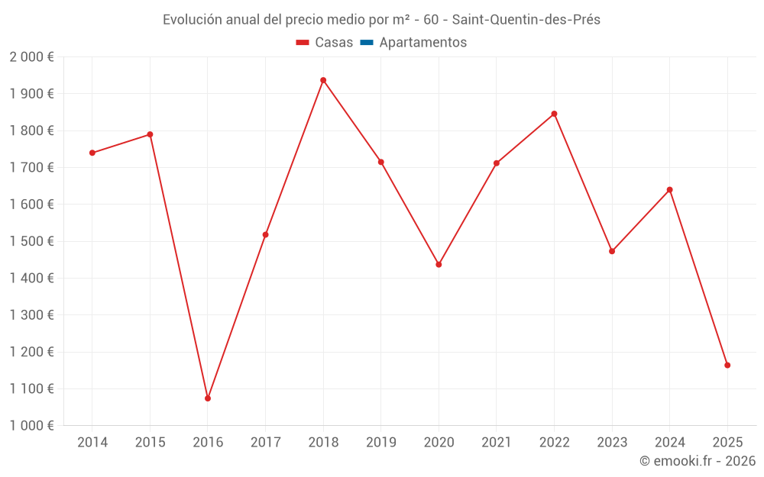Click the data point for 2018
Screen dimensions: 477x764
point(323,80)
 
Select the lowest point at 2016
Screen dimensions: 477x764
point(208,398)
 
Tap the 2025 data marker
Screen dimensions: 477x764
point(727,365)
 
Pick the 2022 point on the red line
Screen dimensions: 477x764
point(554,114)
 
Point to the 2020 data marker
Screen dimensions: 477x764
point(439,264)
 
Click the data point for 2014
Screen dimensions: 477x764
point(92,153)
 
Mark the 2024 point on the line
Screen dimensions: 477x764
point(670,189)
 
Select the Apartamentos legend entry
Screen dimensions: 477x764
point(422,43)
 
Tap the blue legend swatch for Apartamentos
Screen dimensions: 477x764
point(366,43)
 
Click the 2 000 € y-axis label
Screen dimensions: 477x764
point(31,57)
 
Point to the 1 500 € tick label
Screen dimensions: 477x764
point(31,241)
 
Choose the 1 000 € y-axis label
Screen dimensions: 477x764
point(31,426)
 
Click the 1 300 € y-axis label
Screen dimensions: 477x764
point(31,315)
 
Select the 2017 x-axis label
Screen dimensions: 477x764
point(265,443)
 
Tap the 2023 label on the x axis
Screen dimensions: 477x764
point(612,443)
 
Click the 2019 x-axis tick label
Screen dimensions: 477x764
point(381,443)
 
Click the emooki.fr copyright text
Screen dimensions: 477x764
point(698,461)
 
